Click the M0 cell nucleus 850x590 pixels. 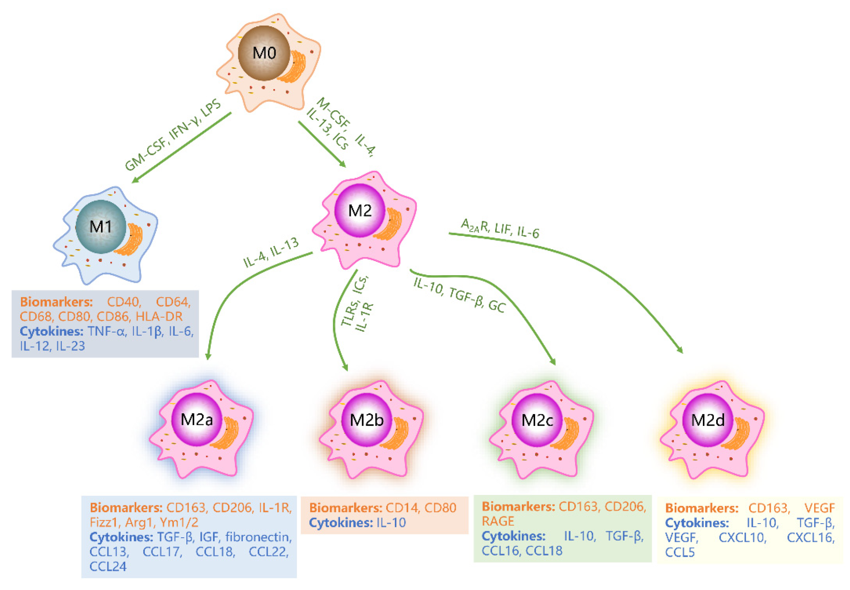pos(264,53)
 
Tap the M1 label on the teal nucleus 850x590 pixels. pos(101,227)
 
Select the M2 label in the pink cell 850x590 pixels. pos(360,210)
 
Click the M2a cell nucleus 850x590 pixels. pos(197,420)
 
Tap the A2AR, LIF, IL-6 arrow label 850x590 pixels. pos(500,228)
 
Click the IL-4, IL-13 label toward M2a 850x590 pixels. pos(271,252)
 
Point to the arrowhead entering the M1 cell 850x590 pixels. pos(135,181)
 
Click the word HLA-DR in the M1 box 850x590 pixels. pos(159,316)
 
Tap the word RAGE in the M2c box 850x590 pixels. pos(498,521)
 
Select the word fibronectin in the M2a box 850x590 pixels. pos(258,537)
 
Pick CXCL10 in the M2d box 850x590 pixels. pos(742,537)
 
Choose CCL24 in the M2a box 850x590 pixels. pos(108,566)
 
